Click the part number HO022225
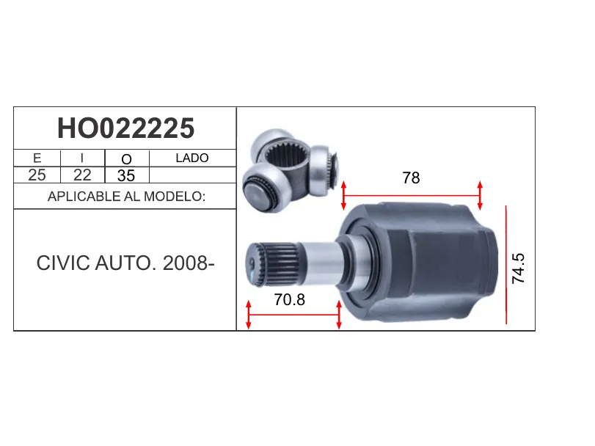click(x=125, y=128)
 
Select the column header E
click(x=37, y=158)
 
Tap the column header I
click(x=82, y=158)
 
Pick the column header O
click(x=127, y=159)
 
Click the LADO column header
click(x=192, y=158)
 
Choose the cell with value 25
click(x=37, y=175)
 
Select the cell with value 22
click(x=82, y=175)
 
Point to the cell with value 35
click(x=126, y=175)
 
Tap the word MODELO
click(x=175, y=197)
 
